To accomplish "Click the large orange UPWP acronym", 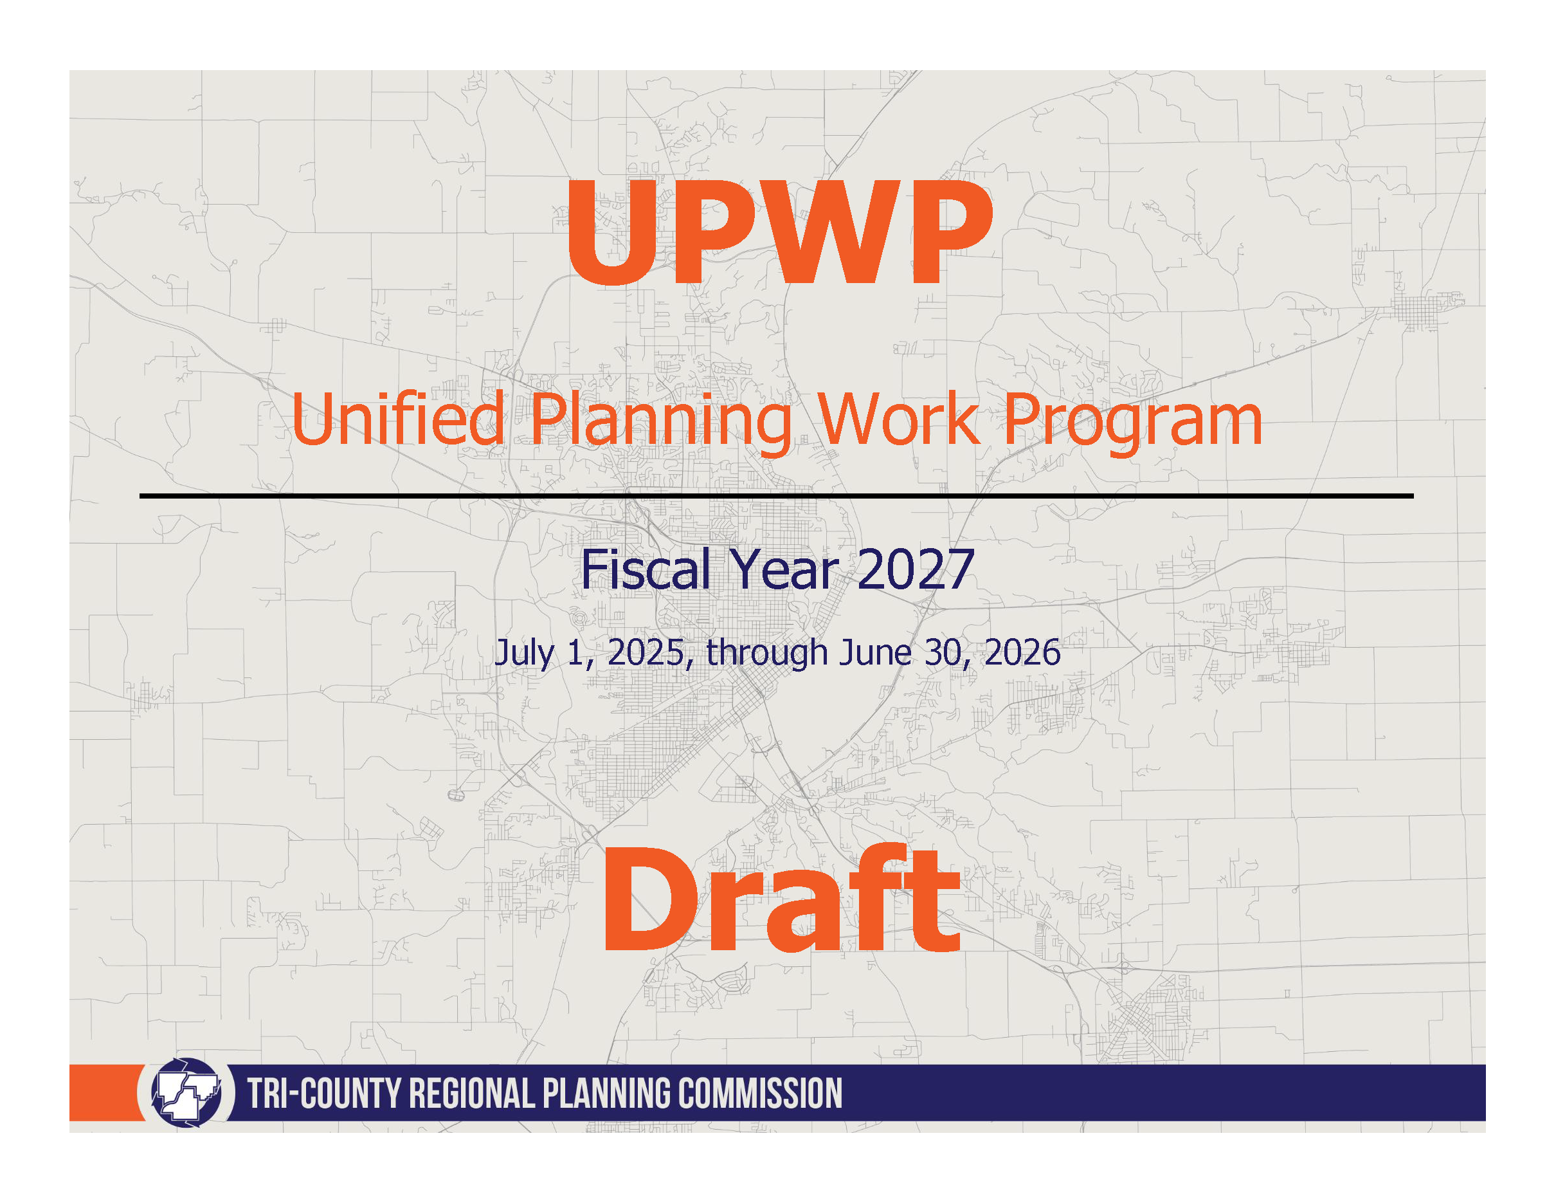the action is pyautogui.click(x=779, y=233).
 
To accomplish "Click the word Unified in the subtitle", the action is pyautogui.click(x=397, y=420).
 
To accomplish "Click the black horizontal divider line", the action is pyautogui.click(x=777, y=495).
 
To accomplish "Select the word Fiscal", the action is pyautogui.click(x=646, y=569).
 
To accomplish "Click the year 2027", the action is pyautogui.click(x=916, y=569).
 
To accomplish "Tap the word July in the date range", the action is pyautogui.click(x=525, y=654).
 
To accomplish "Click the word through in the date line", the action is pyautogui.click(x=766, y=654).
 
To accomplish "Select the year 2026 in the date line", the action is pyautogui.click(x=1022, y=653).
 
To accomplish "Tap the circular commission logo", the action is pyautogui.click(x=186, y=1092).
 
